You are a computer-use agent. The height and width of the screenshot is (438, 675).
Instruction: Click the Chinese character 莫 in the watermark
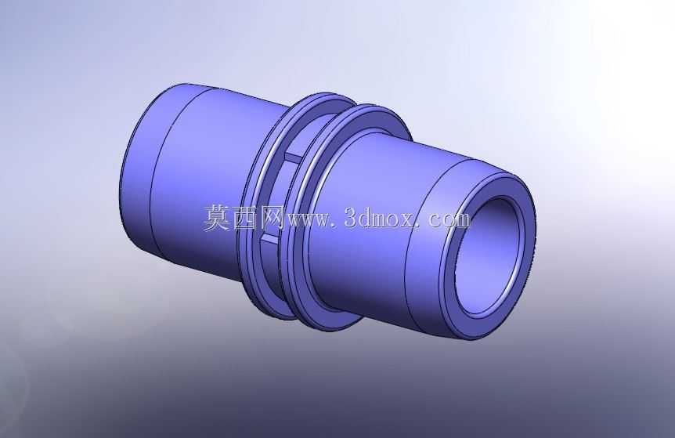point(217,218)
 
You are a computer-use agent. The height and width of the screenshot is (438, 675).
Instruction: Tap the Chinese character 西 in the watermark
point(244,218)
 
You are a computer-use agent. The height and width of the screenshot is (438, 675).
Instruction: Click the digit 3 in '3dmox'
point(351,218)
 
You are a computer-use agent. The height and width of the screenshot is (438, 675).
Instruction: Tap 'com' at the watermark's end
point(449,220)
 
